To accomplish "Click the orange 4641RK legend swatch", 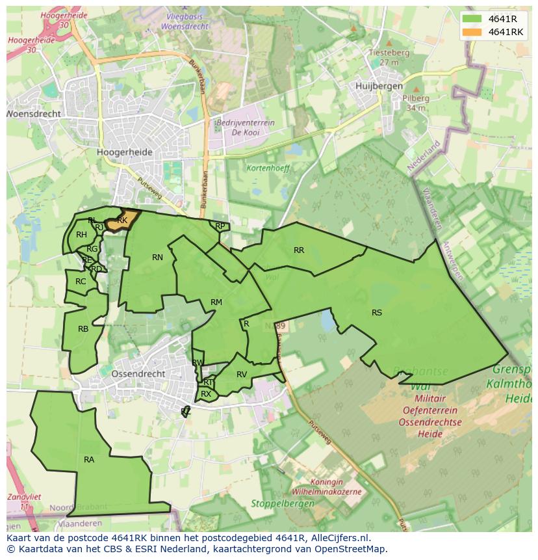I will (x=473, y=32).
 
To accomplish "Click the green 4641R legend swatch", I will (x=473, y=19).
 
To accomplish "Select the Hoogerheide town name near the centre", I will (x=124, y=152).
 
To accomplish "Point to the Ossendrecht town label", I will (x=138, y=374).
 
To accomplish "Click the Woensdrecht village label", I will (x=34, y=114).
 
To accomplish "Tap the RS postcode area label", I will (x=377, y=313).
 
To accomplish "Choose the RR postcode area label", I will (x=299, y=250).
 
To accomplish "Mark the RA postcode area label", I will (x=89, y=460).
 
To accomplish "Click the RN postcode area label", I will (x=157, y=258).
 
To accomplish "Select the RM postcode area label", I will (x=216, y=302).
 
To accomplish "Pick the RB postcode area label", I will (x=83, y=329).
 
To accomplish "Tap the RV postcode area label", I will (x=242, y=375).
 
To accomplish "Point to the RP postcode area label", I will (x=220, y=226).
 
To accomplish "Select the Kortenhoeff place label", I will (x=268, y=168).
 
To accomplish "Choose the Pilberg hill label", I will (x=416, y=99).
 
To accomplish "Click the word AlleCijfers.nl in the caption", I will (x=339, y=539).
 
